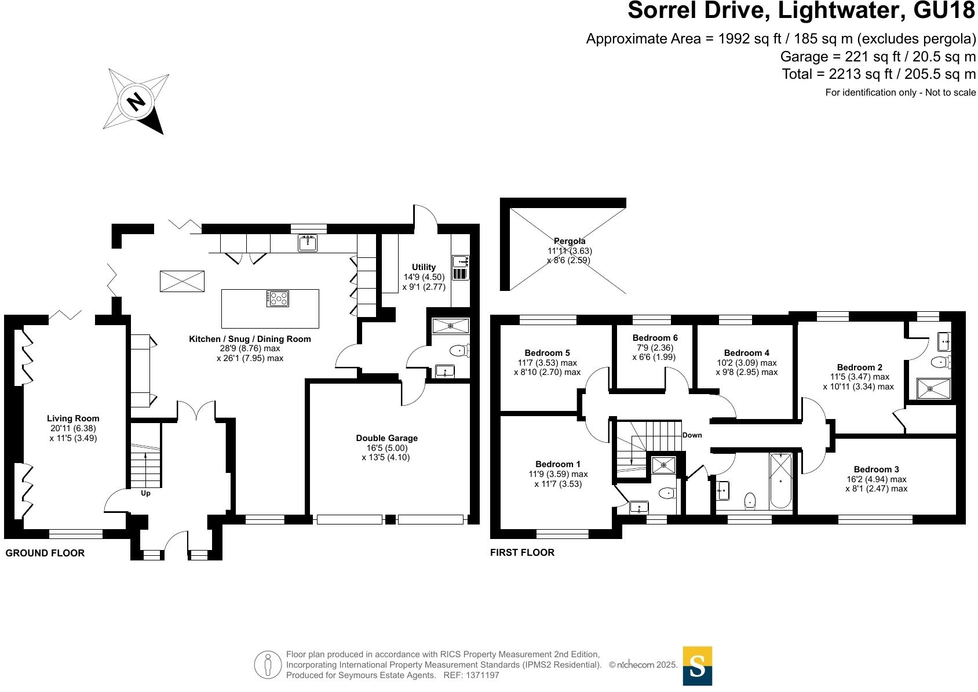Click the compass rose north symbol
tap(137, 102)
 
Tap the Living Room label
tap(73, 418)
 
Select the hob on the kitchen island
tap(278, 298)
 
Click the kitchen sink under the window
tap(308, 243)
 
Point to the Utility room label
tap(424, 267)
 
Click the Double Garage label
tap(386, 438)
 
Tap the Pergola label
tap(570, 241)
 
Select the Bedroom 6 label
tap(655, 338)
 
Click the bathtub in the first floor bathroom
tap(780, 480)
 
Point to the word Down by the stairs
tap(692, 435)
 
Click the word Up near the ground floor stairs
tap(146, 494)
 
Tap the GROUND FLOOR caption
tap(45, 553)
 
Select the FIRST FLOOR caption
tap(522, 553)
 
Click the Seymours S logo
tap(697, 666)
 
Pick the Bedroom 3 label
tap(876, 469)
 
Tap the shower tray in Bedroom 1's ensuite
tap(663, 464)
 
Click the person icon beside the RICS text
tap(267, 665)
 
